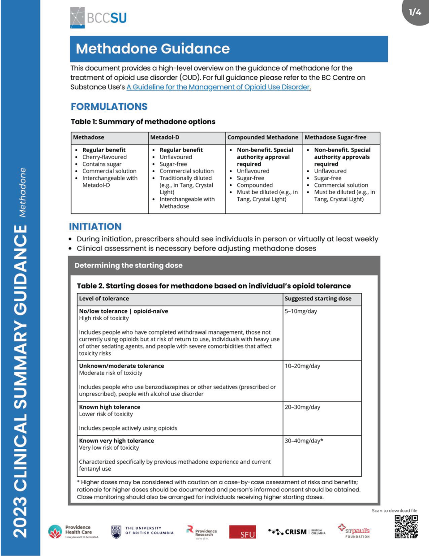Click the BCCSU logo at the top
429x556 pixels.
pos(99,18)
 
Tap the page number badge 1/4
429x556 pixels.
pos(415,12)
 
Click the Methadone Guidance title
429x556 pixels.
pos(153,49)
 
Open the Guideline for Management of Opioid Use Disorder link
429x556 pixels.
pos(218,87)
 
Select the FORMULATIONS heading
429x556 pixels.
pos(109,107)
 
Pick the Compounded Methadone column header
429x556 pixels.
pos(262,137)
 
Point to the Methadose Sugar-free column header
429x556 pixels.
pos(335,137)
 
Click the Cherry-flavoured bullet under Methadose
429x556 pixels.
pos(104,157)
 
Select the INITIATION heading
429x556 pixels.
pos(95,226)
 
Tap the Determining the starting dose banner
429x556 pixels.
pos(129,265)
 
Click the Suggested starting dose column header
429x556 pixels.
pos(318,299)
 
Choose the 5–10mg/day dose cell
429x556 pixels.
pos(301,311)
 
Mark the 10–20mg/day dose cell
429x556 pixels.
pos(302,366)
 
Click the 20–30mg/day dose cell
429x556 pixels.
pos(302,407)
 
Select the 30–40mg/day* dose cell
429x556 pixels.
pos(304,441)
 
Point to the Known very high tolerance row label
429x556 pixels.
pos(116,441)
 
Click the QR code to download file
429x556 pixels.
pos(406,526)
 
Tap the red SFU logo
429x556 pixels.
pos(243,532)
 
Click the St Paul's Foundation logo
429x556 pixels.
pos(355,531)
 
